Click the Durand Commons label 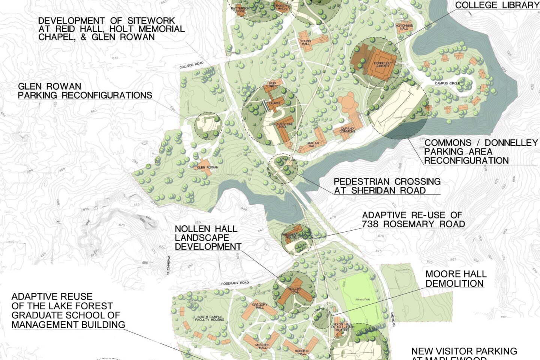pyautogui.click(x=347, y=130)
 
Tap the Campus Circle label pyautogui.click(x=447, y=83)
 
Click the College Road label pyautogui.click(x=192, y=65)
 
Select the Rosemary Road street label pyautogui.click(x=235, y=283)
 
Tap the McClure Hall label pyautogui.click(x=263, y=346)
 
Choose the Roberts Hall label pyautogui.click(x=302, y=352)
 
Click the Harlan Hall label pyautogui.click(x=312, y=144)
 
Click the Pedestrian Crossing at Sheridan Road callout pyautogui.click(x=387, y=186)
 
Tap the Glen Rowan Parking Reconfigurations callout pyautogui.click(x=85, y=91)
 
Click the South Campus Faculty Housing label pyautogui.click(x=210, y=318)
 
